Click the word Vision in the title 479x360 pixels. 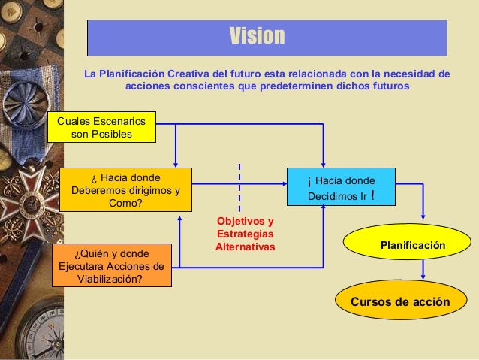click(x=257, y=36)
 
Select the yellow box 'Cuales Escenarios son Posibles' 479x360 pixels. click(x=101, y=126)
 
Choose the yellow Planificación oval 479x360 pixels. click(x=412, y=245)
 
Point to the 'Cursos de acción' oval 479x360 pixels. click(x=399, y=302)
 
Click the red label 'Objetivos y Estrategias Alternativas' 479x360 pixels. click(x=245, y=234)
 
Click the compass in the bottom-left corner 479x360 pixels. click(x=23, y=331)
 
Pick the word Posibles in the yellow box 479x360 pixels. click(x=110, y=134)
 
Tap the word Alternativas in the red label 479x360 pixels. click(x=245, y=246)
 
